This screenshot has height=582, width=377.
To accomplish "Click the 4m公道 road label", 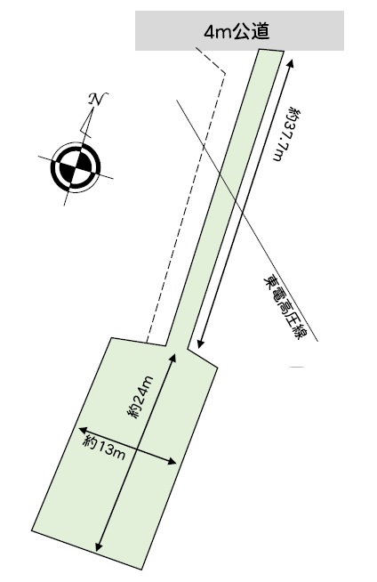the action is [237, 32].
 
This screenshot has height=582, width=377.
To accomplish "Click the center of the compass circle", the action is [76, 166].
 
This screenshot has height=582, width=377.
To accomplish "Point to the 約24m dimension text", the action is [141, 397].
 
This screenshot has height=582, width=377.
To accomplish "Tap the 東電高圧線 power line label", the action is [285, 307].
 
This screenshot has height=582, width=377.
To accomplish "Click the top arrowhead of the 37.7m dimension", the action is [290, 62].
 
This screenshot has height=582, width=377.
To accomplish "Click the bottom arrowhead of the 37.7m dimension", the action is [200, 344].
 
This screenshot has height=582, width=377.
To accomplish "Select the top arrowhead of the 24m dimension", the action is [172, 357].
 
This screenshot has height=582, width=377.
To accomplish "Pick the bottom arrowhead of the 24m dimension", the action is [99, 546].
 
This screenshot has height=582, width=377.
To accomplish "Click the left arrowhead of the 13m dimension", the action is [83, 430].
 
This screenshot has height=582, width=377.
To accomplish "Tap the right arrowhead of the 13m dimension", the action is [172, 462].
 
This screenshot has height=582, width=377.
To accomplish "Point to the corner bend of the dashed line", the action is [225, 73].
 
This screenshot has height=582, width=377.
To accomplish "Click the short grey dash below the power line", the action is [297, 368].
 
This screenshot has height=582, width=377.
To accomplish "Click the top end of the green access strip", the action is [271, 52].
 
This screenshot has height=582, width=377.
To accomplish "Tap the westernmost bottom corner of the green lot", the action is [31, 531].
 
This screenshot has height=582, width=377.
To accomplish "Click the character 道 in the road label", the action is [262, 32].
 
